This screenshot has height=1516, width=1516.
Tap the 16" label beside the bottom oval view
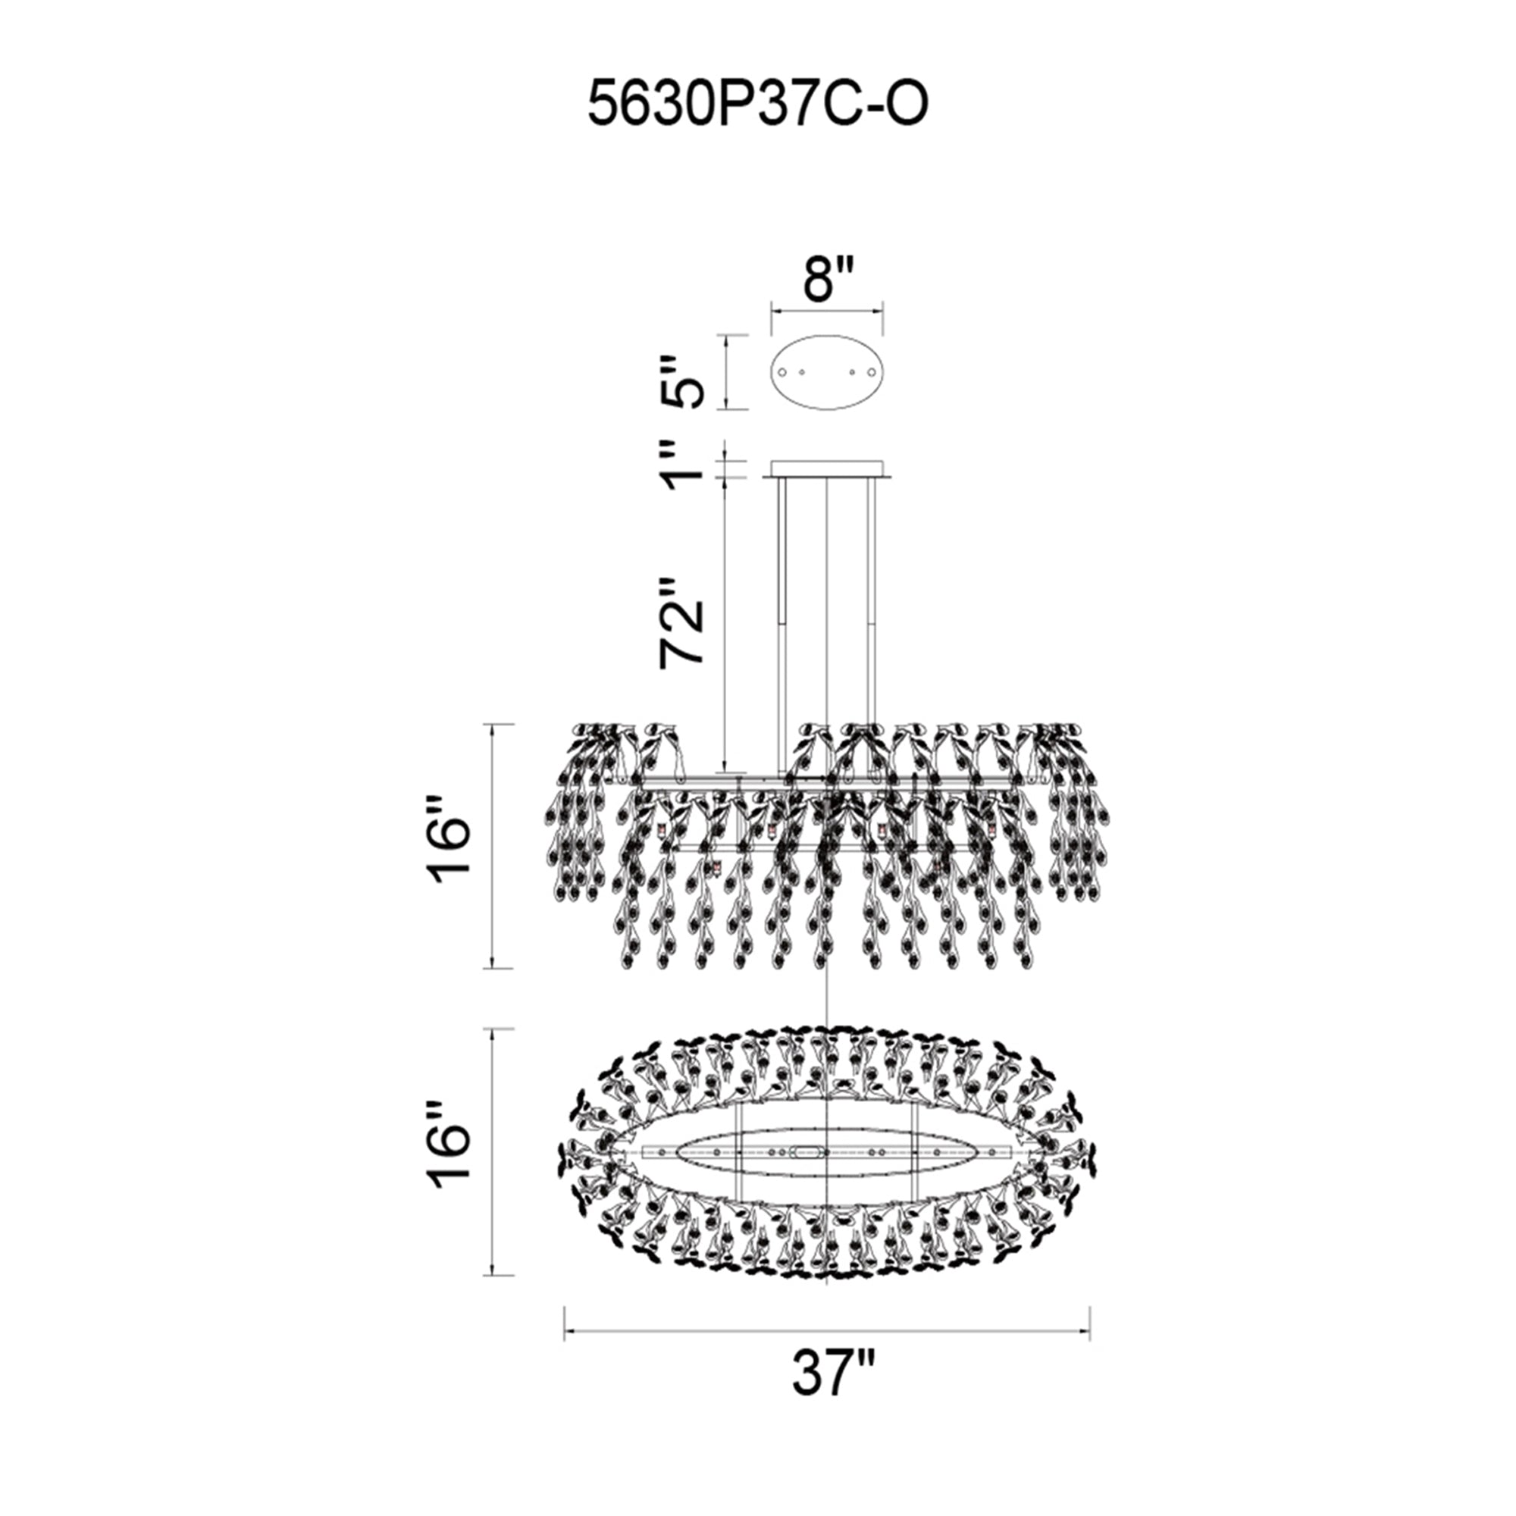tap(450, 1153)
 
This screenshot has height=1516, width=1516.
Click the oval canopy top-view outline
tap(828, 337)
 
